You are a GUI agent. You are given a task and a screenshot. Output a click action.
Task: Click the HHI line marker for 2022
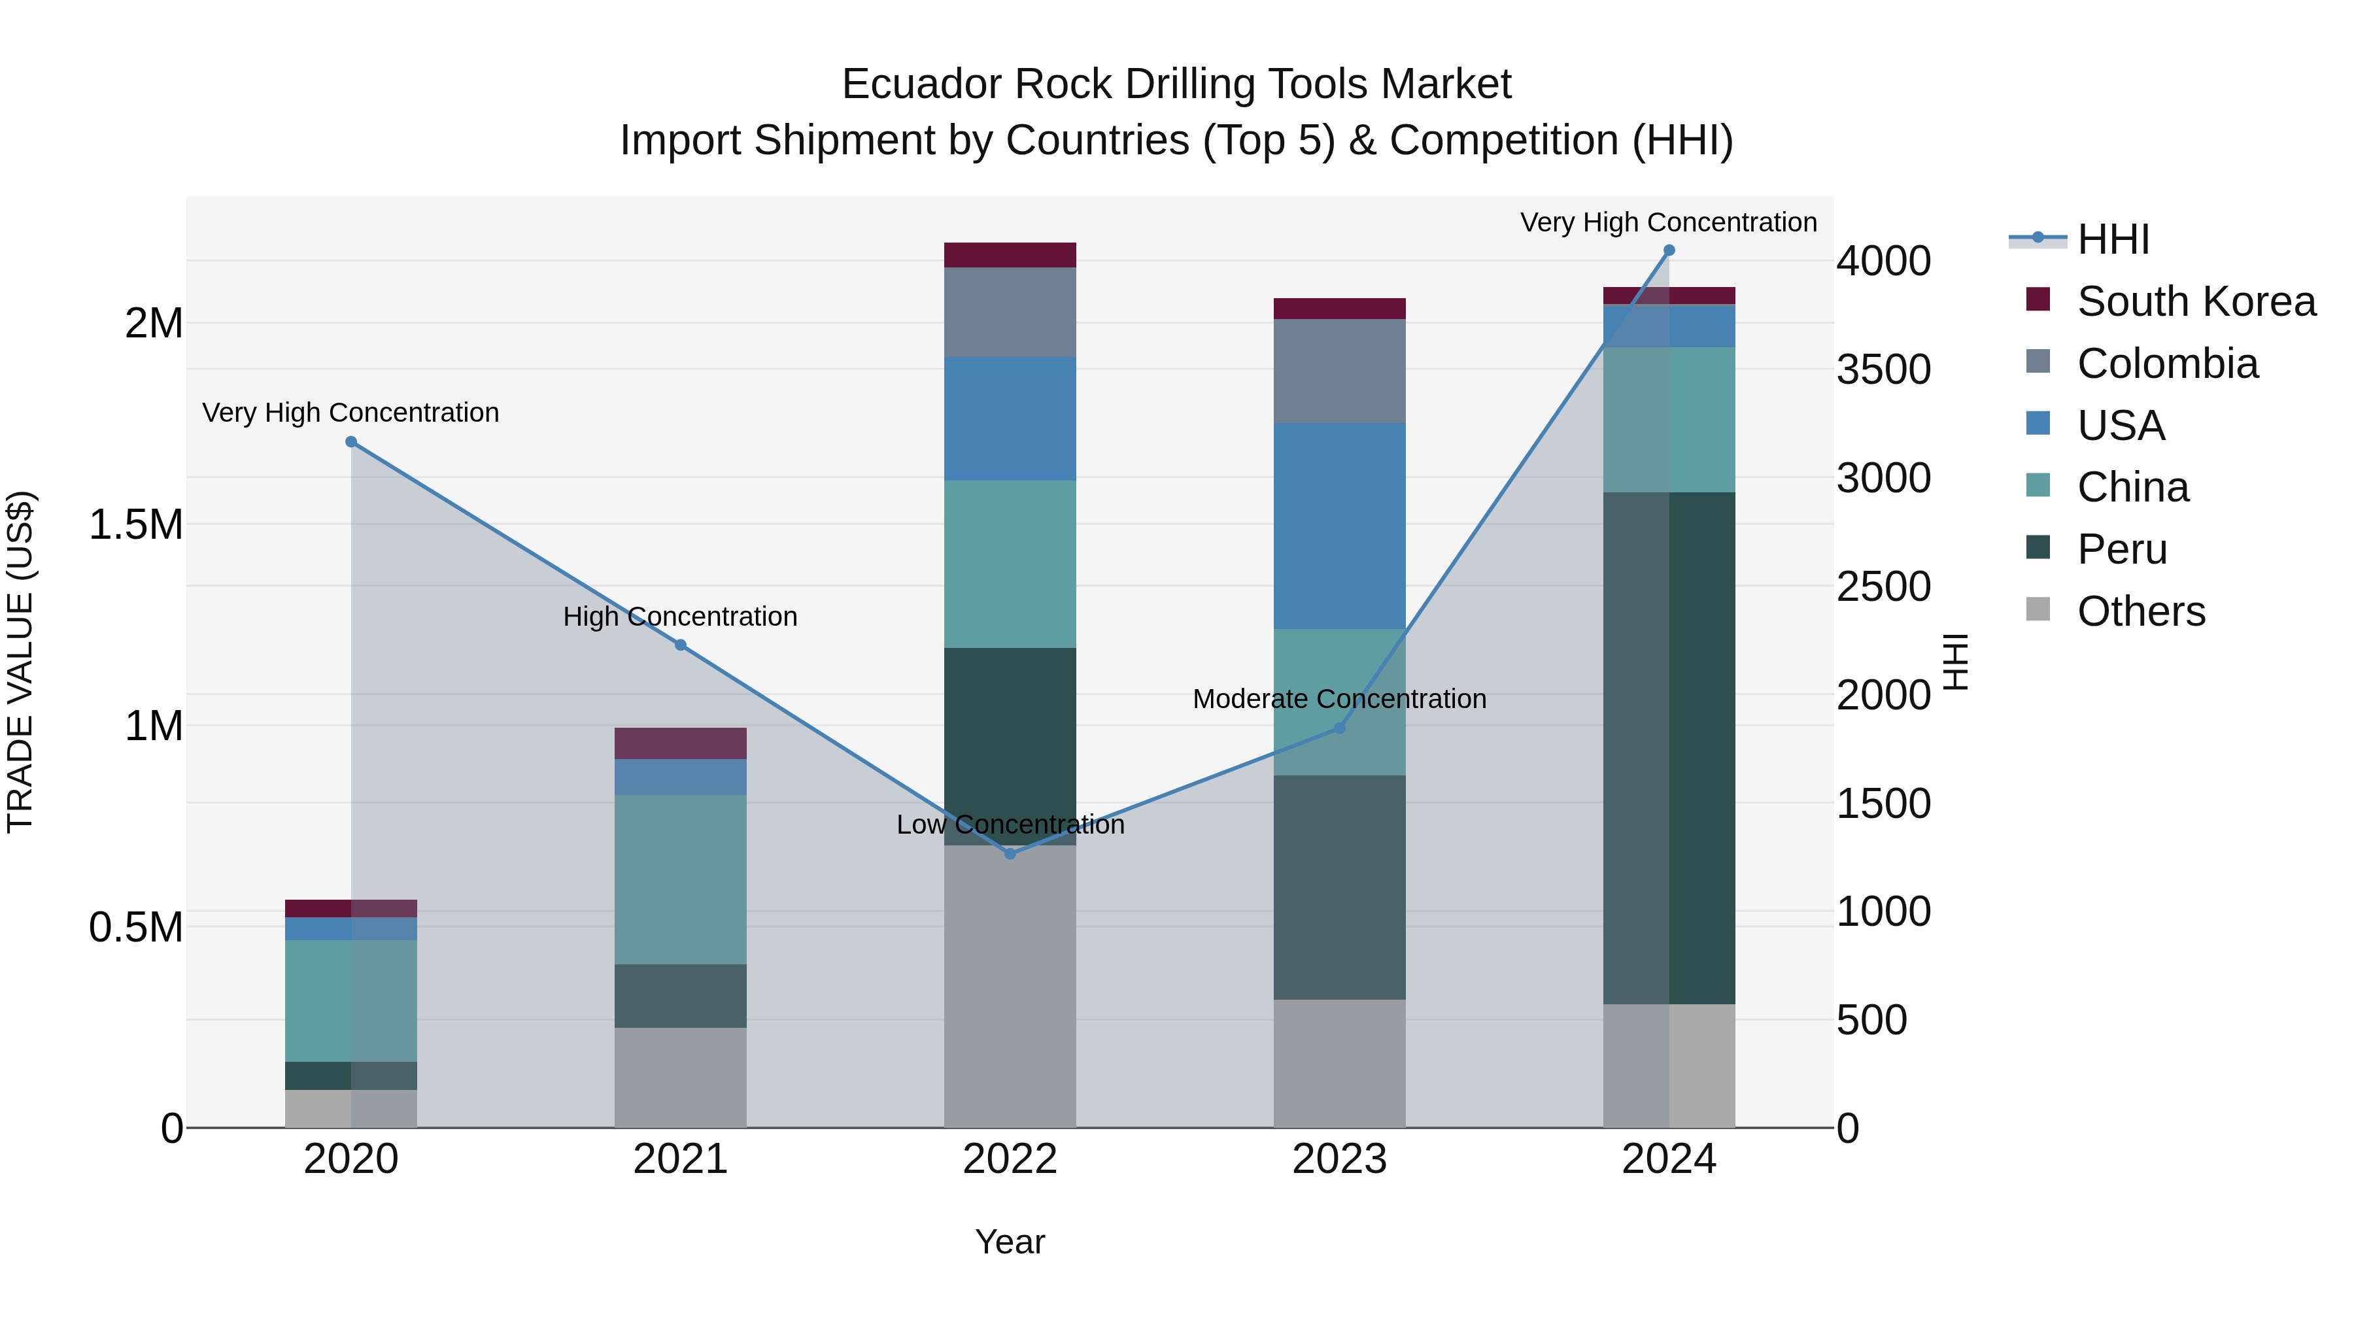click(x=1010, y=853)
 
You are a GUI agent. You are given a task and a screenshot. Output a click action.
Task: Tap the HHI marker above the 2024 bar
click(x=1669, y=250)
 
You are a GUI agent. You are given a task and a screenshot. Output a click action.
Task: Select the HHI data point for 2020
click(x=351, y=442)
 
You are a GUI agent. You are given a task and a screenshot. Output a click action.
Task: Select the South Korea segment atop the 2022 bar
click(x=1010, y=255)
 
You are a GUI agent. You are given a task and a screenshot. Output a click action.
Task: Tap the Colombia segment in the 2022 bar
click(x=1010, y=313)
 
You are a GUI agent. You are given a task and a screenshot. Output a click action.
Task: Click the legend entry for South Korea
click(x=2196, y=301)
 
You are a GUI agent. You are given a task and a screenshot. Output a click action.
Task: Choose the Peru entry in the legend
click(x=2121, y=549)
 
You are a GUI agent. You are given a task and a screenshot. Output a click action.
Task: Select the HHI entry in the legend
click(x=2113, y=239)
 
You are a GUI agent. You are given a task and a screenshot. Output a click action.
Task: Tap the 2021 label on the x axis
click(x=680, y=1159)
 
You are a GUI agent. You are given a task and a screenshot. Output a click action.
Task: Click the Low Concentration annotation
click(x=1010, y=824)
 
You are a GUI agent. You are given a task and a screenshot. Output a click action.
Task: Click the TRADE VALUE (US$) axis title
click(x=20, y=662)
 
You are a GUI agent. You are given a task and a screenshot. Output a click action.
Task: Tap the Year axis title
click(x=1010, y=1242)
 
